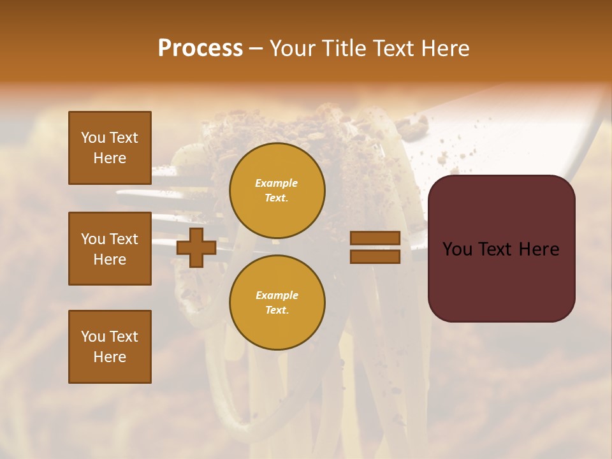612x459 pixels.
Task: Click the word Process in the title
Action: click(x=200, y=48)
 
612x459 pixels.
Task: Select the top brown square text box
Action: click(x=110, y=148)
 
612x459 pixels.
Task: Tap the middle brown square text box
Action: click(x=110, y=249)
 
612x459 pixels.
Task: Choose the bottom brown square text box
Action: click(x=110, y=347)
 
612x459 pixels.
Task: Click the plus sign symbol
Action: click(x=196, y=247)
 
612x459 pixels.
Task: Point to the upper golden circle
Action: click(x=277, y=191)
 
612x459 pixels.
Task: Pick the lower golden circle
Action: click(x=277, y=303)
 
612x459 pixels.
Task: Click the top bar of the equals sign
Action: click(x=375, y=238)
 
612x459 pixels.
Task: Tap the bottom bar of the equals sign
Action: click(x=375, y=256)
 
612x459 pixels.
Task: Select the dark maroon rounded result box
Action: click(x=501, y=249)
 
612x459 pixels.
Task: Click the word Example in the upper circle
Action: click(x=277, y=183)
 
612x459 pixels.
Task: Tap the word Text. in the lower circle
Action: click(x=277, y=310)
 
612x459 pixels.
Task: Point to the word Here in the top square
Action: click(x=110, y=158)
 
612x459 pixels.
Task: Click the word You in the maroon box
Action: click(x=457, y=249)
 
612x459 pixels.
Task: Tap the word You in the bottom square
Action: click(x=93, y=337)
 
